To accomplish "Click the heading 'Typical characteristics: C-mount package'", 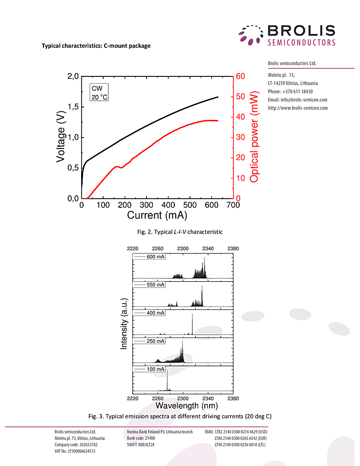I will click(96, 46).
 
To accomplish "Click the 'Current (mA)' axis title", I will click(157, 215).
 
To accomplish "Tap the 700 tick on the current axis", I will click(233, 205).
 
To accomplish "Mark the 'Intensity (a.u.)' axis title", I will click(124, 324).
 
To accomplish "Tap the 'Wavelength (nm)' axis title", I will click(187, 406).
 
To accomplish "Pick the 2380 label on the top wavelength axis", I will click(233, 248).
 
